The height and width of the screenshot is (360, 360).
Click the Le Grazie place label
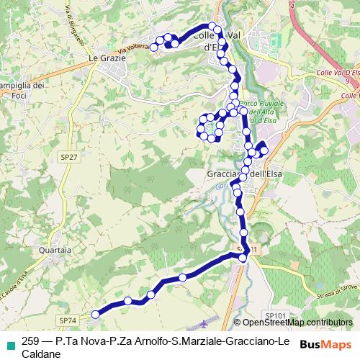coord(103,57)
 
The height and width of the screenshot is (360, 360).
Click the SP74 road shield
coord(67,320)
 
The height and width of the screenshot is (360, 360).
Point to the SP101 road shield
coord(276,315)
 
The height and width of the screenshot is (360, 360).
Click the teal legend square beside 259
coord(8,341)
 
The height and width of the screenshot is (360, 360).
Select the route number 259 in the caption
coord(31,341)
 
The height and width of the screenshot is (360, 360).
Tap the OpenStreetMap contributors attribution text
coord(296,323)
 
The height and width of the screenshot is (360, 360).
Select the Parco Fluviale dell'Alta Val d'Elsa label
coord(258,112)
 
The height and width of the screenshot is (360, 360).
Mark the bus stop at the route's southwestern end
coord(94,314)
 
